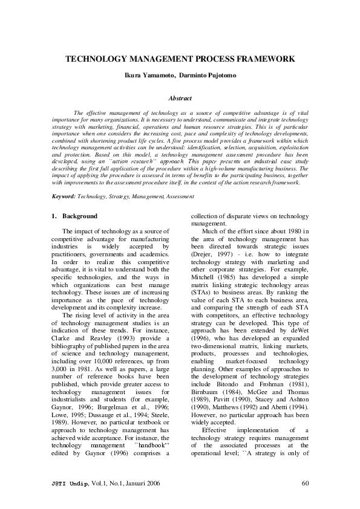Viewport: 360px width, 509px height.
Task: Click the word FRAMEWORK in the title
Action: (x=264, y=59)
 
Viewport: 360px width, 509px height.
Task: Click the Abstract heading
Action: (x=180, y=98)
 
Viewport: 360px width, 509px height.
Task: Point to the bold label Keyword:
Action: (x=64, y=196)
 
